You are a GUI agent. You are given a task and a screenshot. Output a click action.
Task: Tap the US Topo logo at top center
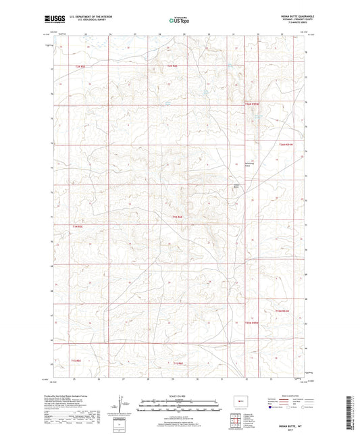(179, 21)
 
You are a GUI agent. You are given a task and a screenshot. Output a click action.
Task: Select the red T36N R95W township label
(252, 104)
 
